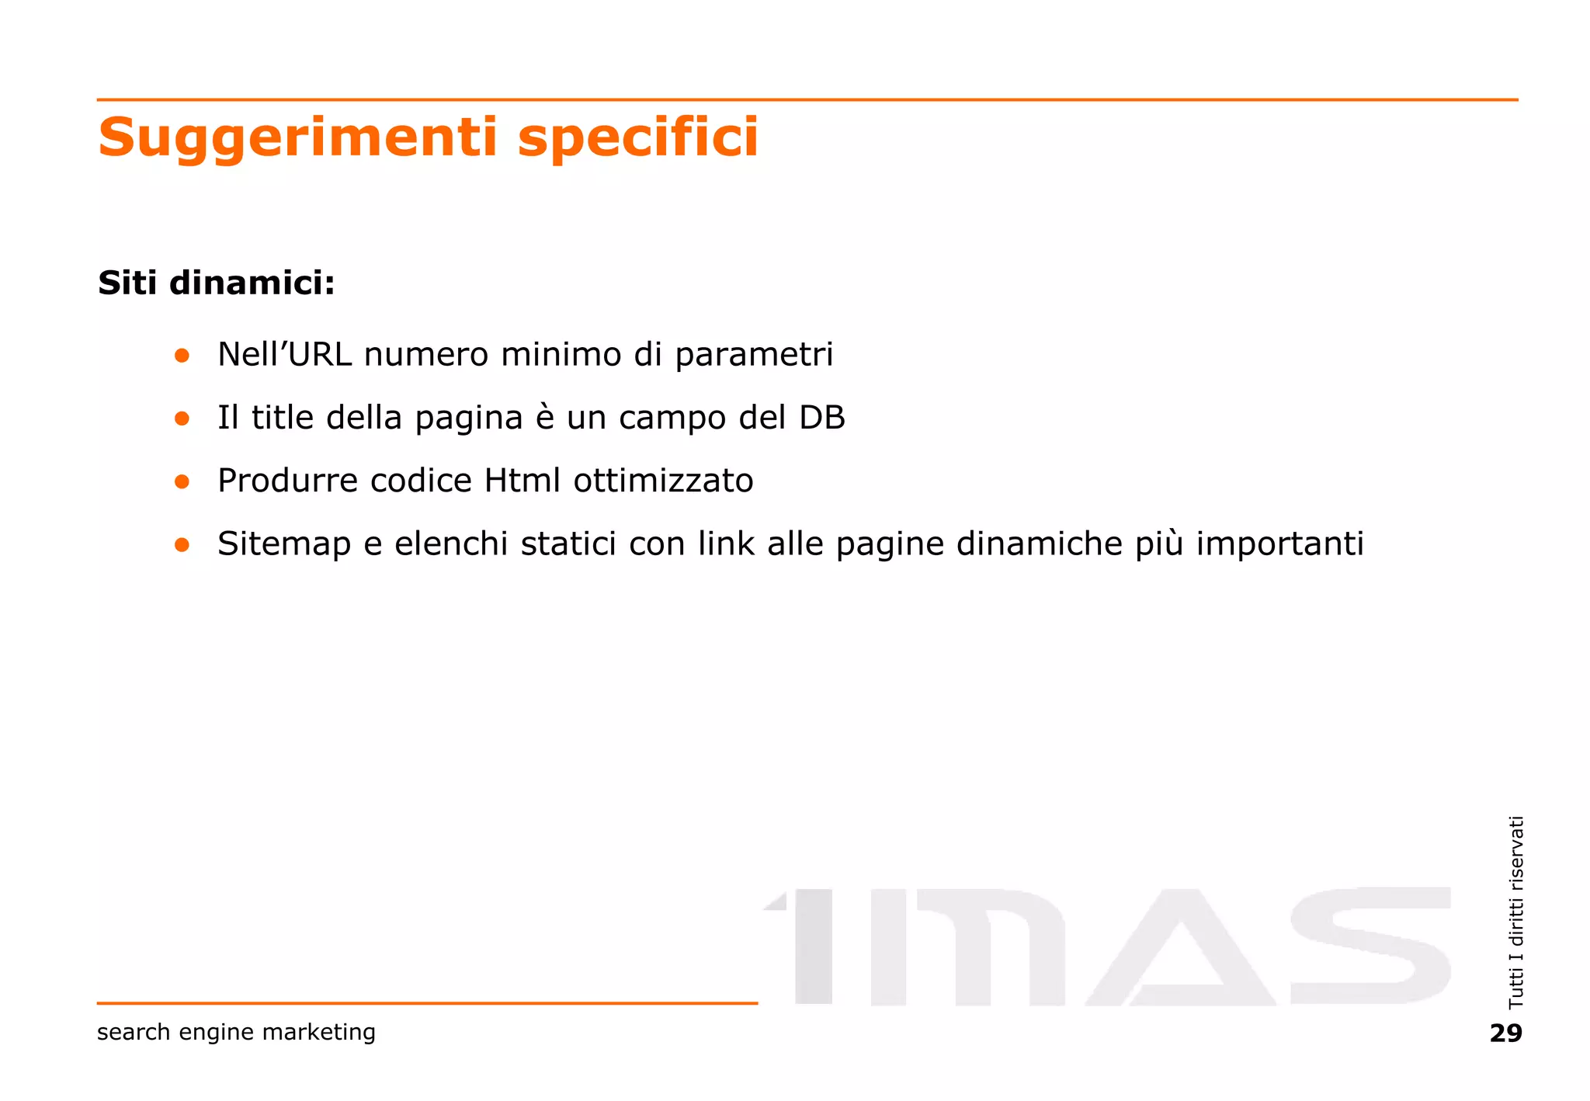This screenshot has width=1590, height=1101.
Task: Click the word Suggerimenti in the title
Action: (x=297, y=138)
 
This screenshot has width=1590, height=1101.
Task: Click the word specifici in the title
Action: (x=637, y=138)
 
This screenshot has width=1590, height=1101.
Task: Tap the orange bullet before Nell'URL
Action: (x=182, y=356)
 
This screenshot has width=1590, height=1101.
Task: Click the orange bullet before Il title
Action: (x=182, y=419)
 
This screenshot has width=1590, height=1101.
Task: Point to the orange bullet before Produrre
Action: (x=182, y=481)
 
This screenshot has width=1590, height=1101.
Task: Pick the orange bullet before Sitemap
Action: (x=182, y=544)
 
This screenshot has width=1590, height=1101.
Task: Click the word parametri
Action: (x=754, y=356)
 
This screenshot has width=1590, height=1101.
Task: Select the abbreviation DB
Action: (x=821, y=418)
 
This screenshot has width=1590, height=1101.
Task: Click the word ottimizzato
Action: (x=663, y=481)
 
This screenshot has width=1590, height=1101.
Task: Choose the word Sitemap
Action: (x=284, y=544)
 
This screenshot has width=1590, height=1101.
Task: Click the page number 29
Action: (x=1505, y=1033)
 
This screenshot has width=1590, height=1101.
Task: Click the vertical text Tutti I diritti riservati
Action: (x=1515, y=912)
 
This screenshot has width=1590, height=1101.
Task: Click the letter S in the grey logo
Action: (x=1370, y=946)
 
